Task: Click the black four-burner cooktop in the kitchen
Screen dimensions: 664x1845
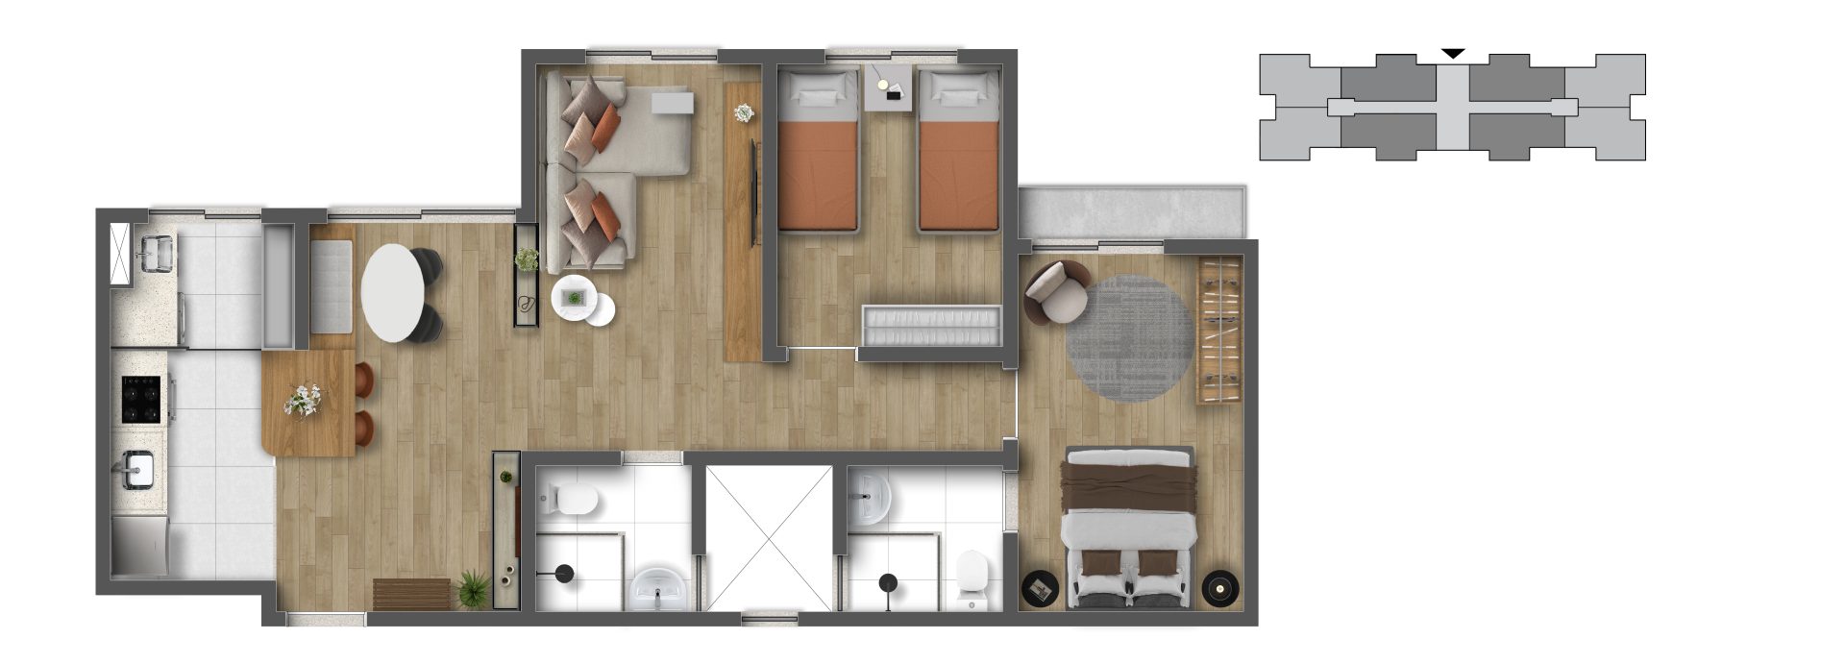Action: pos(141,399)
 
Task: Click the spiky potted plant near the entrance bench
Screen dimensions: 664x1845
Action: pos(473,588)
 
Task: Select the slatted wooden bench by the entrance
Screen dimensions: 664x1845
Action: pos(411,594)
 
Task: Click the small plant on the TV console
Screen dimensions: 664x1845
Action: pos(745,112)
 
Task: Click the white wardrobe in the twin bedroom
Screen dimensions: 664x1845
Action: pos(931,325)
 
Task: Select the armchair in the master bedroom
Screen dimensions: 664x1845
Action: pos(1056,292)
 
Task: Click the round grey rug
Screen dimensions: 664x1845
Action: pos(1131,338)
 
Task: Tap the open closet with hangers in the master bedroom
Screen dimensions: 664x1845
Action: pos(1218,330)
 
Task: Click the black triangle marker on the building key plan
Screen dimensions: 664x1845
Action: pos(1454,54)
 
